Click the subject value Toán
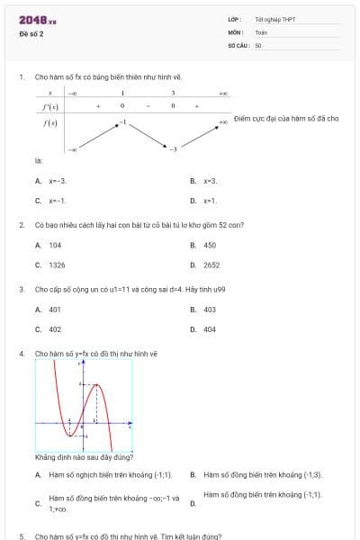pyautogui.click(x=261, y=31)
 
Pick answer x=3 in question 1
pyautogui.click(x=211, y=181)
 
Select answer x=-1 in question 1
pyautogui.click(x=58, y=201)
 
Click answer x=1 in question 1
pyautogui.click(x=210, y=201)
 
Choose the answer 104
pyautogui.click(x=56, y=245)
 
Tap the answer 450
pyautogui.click(x=210, y=245)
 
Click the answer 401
pyautogui.click(x=56, y=310)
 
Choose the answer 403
pyautogui.click(x=210, y=310)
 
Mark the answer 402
pyautogui.click(x=56, y=329)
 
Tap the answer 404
pyautogui.click(x=210, y=329)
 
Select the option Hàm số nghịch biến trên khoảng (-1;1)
pyautogui.click(x=111, y=474)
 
